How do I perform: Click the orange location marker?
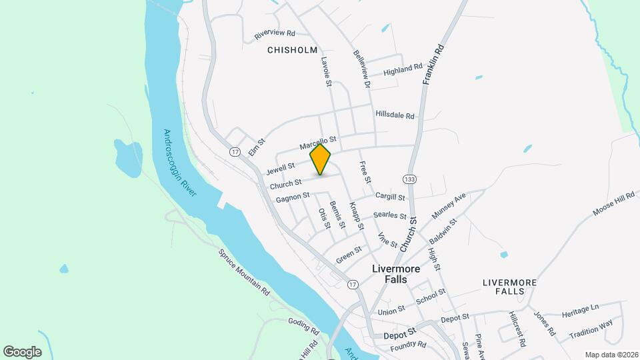click(x=321, y=160)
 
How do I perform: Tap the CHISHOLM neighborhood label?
click(x=292, y=50)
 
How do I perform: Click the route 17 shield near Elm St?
click(x=235, y=153)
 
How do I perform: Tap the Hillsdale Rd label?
click(x=395, y=115)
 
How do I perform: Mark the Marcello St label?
click(x=319, y=142)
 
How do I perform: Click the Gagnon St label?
click(x=293, y=197)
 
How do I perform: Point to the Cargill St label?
click(x=390, y=197)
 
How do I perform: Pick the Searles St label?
click(x=389, y=215)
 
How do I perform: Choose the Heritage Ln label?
click(x=581, y=310)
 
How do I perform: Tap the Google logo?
click(x=22, y=352)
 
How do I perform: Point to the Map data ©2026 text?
click(x=611, y=355)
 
